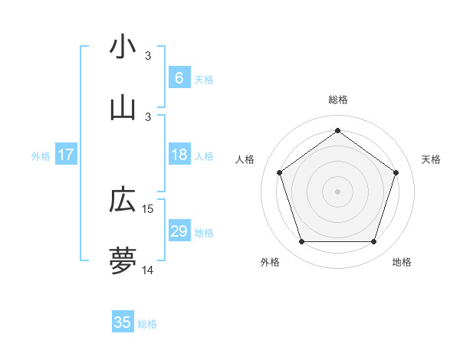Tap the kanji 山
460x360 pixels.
123,108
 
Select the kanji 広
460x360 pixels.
123,200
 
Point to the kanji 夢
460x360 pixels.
123,261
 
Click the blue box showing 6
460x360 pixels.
179,78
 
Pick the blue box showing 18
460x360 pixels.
179,155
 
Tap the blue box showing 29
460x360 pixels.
179,231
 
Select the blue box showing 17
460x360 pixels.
66,155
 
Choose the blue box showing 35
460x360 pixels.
123,322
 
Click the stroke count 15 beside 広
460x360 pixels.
149,208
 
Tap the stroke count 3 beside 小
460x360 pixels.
149,55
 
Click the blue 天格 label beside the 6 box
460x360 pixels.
204,79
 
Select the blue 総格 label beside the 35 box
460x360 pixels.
147,324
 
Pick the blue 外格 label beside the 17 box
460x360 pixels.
41,155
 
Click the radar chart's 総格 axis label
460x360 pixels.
337,100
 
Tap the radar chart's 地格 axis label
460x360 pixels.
402,262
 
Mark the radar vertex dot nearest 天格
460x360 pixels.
396,172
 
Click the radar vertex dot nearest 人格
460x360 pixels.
279,172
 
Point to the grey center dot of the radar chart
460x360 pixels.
337,191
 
